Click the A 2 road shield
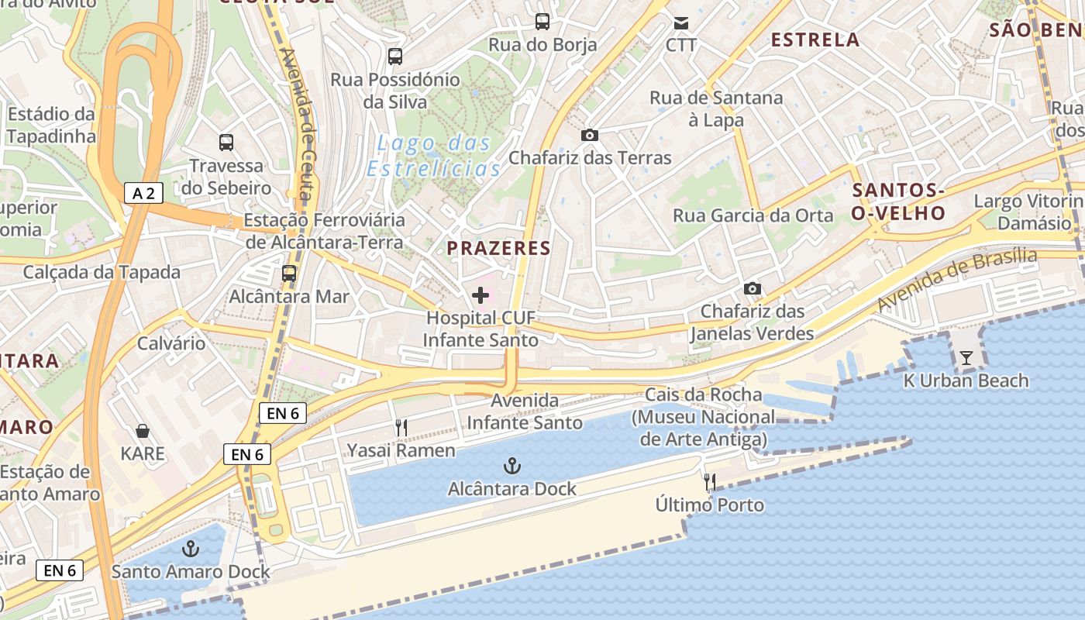click(143, 193)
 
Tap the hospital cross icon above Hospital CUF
click(480, 295)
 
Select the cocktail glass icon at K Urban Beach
click(966, 357)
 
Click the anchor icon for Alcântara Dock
click(511, 466)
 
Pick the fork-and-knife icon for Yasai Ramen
click(401, 427)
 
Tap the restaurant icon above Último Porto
click(710, 482)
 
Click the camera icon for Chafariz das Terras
click(590, 136)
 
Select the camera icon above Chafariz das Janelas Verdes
click(752, 289)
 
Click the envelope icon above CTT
click(681, 22)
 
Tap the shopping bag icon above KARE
click(143, 430)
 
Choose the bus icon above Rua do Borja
click(542, 22)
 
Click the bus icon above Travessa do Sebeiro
click(226, 143)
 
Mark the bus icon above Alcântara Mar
click(289, 273)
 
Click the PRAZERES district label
click(498, 249)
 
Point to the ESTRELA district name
click(815, 40)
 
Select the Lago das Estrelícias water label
click(434, 156)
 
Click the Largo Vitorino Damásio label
click(1027, 212)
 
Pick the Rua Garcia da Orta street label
click(753, 215)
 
